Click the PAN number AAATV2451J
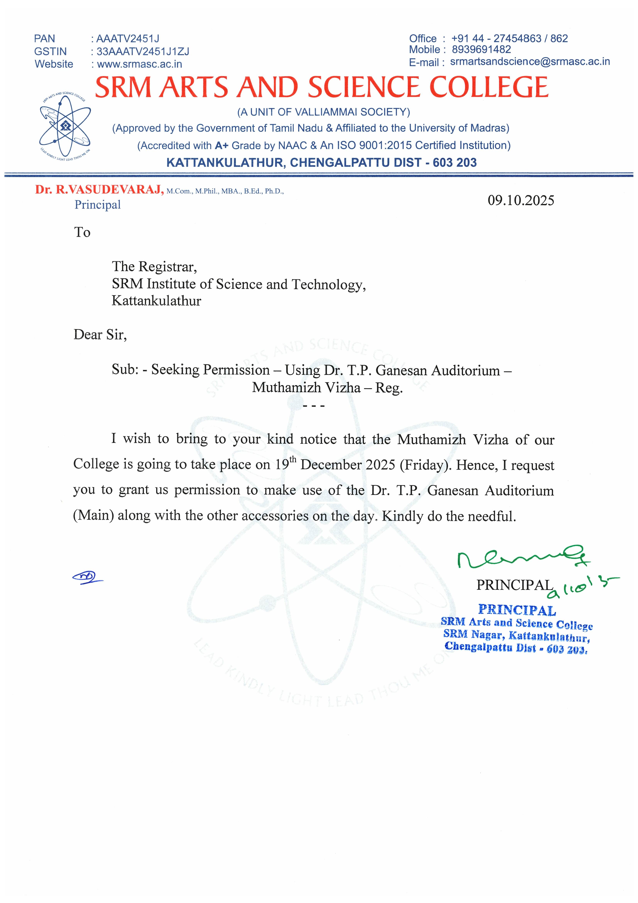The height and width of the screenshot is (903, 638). [128, 39]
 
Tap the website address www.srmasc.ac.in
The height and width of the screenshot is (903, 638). [139, 64]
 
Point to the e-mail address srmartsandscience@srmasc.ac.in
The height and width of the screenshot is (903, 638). [530, 62]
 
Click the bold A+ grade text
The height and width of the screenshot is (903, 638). [221, 146]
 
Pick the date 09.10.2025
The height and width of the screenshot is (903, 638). [521, 201]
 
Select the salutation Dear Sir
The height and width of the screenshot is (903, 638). [100, 335]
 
